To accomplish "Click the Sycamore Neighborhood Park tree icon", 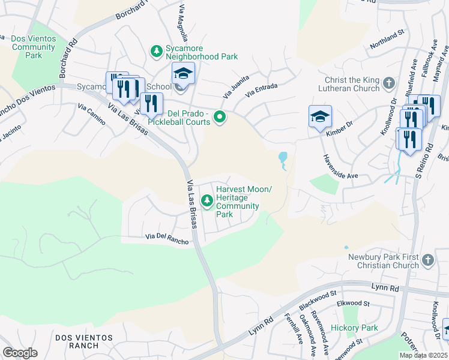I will point(156,51).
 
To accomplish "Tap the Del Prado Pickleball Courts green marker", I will point(220,117).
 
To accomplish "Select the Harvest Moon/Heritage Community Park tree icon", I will point(208,200).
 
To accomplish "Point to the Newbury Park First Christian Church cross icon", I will point(427,260).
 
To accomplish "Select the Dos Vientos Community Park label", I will point(34,47).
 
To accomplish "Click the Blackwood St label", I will point(318,300).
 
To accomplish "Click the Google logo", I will point(20,353).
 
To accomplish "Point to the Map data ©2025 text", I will point(423,355).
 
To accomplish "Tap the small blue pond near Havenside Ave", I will point(282,158).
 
